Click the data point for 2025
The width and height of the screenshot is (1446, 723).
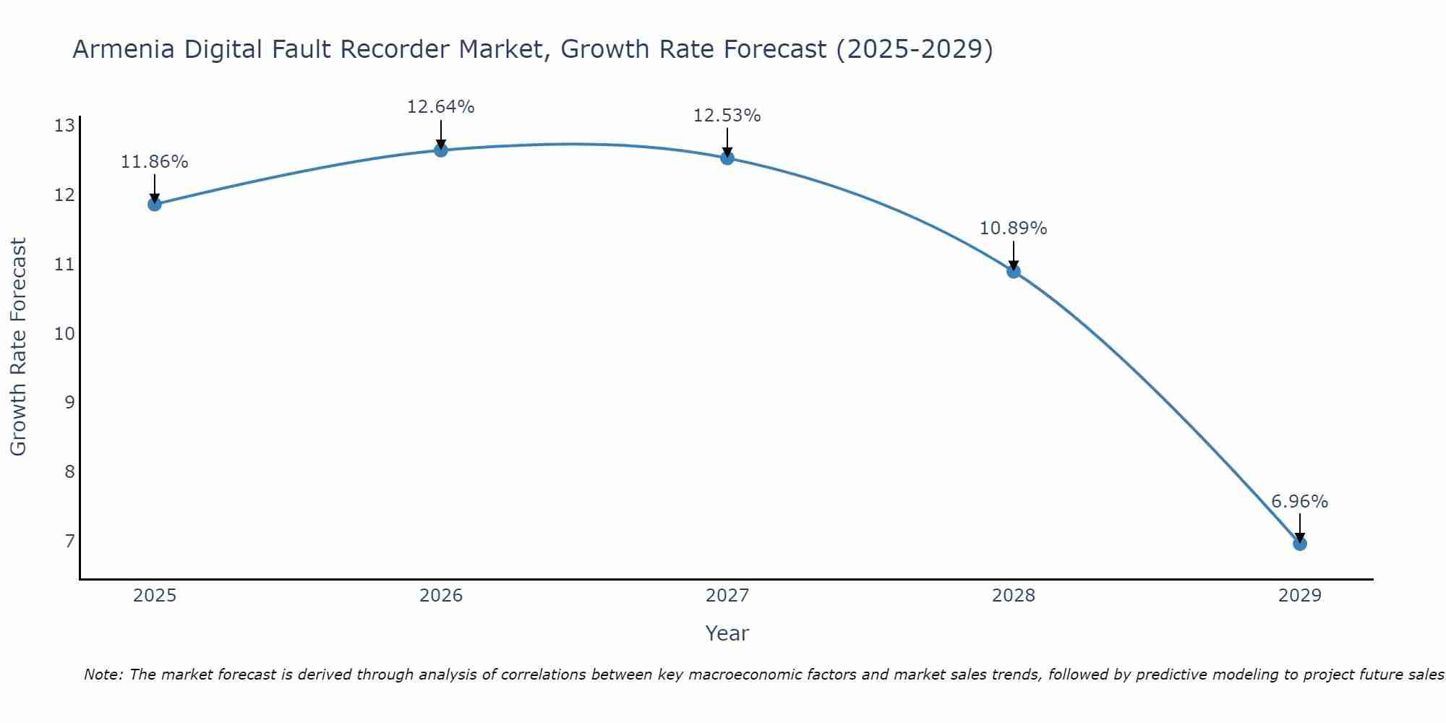(x=155, y=204)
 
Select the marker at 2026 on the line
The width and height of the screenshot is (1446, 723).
(x=441, y=150)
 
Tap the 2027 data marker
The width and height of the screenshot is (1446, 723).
(x=727, y=158)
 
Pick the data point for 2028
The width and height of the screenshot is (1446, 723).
(x=1014, y=271)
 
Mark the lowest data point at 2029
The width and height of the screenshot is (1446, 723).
(x=1299, y=544)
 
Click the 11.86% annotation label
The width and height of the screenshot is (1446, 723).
(x=154, y=162)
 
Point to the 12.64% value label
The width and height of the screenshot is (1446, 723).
(x=440, y=107)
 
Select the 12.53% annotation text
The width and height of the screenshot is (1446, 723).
(x=727, y=116)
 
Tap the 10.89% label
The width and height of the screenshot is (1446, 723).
(x=1013, y=228)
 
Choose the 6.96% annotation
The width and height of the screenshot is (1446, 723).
(x=1299, y=502)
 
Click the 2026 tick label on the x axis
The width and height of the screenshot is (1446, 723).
(x=441, y=596)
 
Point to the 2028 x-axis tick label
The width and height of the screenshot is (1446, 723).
(x=1014, y=596)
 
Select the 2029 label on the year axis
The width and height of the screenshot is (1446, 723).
(x=1299, y=596)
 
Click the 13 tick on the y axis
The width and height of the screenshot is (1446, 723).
(x=65, y=127)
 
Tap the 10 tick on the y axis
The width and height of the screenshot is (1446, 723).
(x=65, y=334)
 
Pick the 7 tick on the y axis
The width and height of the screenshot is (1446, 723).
(x=69, y=542)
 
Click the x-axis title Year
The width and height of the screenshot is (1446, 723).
(x=727, y=633)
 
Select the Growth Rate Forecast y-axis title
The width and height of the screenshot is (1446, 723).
(x=19, y=347)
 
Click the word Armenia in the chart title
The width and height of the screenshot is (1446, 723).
(x=124, y=49)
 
